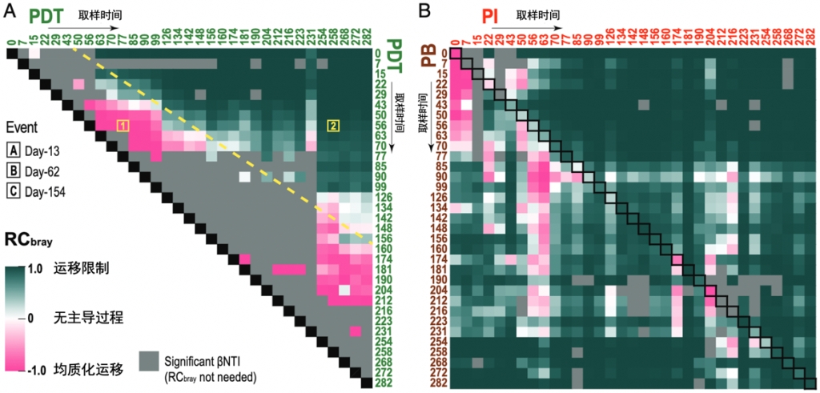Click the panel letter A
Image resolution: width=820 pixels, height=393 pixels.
(x=10, y=10)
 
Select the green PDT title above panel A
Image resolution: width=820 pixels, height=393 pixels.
(x=48, y=13)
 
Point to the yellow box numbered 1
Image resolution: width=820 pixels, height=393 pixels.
(x=123, y=126)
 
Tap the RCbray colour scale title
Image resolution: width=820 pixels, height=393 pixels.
(x=37, y=242)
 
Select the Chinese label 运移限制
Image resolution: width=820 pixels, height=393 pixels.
(x=78, y=270)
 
